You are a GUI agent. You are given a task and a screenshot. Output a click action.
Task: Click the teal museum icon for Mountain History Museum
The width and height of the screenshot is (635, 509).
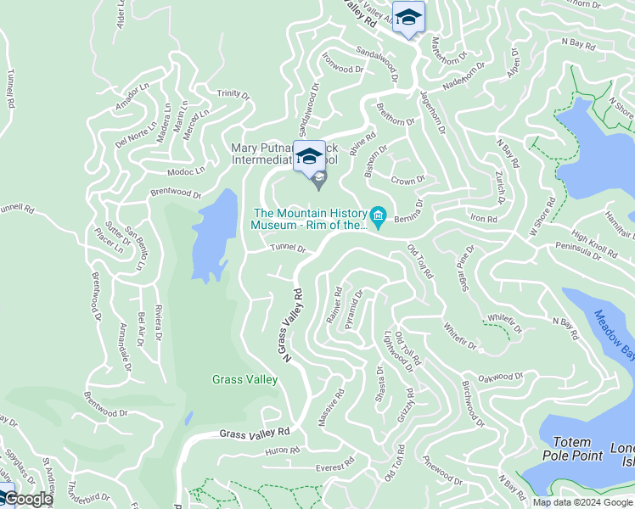click(x=379, y=217)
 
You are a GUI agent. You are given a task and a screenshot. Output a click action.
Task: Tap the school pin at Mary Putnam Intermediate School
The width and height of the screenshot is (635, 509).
click(x=310, y=156)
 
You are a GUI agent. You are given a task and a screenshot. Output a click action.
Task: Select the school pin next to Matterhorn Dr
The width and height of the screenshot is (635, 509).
click(x=408, y=18)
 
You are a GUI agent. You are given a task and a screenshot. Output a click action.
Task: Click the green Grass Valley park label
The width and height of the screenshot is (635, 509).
click(x=244, y=379)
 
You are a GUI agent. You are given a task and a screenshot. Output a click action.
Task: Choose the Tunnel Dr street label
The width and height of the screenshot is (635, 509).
click(x=288, y=249)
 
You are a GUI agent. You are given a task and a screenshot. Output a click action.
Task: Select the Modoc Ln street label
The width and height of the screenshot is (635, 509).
click(x=186, y=171)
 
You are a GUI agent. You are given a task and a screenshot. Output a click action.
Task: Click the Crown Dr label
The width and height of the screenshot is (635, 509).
click(x=407, y=180)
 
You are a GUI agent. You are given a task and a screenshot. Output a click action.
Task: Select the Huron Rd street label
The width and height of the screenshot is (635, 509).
click(x=283, y=450)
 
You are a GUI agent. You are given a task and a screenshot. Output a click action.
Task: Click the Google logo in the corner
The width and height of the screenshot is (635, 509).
click(x=27, y=499)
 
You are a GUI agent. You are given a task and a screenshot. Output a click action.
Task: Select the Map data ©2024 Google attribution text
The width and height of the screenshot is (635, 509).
click(x=583, y=502)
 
